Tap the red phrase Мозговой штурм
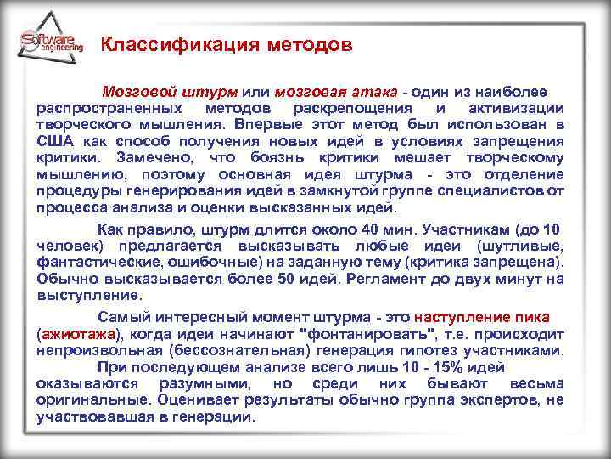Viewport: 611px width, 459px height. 170,92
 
